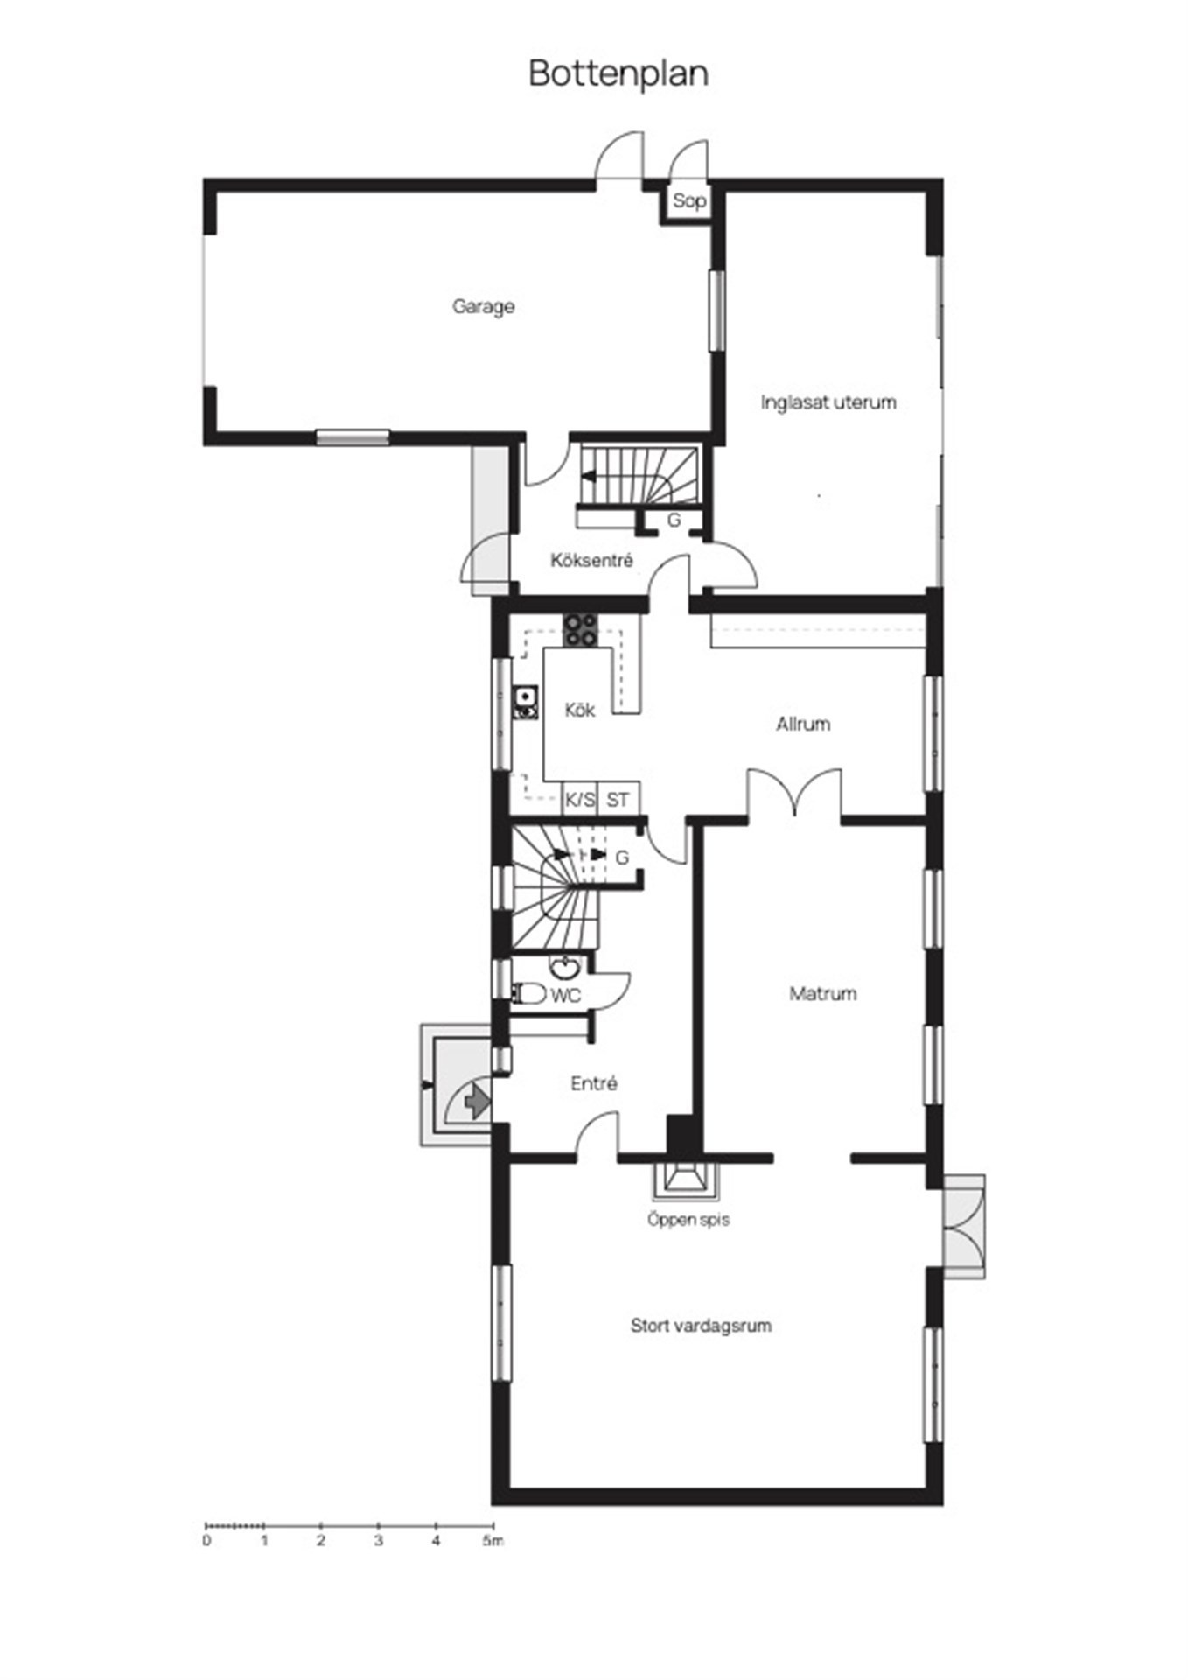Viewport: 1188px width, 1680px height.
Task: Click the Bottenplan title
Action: click(x=618, y=74)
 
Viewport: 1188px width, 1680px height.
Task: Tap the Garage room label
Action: click(x=483, y=307)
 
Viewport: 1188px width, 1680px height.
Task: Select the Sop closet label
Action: click(x=688, y=201)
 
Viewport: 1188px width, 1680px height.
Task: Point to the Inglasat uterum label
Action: click(x=828, y=402)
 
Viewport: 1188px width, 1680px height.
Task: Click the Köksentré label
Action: click(x=591, y=560)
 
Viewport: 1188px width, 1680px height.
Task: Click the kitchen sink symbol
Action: click(x=525, y=703)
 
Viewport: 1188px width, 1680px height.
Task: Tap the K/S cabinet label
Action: click(x=579, y=800)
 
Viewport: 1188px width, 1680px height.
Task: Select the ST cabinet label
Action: click(x=618, y=800)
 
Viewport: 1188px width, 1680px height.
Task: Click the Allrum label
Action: click(x=803, y=724)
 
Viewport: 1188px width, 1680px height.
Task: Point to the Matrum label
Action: click(x=823, y=994)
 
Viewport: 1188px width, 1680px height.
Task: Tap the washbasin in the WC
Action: click(x=566, y=966)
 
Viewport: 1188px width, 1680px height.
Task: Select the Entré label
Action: click(x=594, y=1084)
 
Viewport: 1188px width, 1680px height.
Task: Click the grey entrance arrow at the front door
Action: click(x=477, y=1100)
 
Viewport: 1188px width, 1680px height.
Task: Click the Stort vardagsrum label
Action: click(x=701, y=1326)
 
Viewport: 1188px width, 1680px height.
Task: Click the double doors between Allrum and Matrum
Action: click(x=794, y=793)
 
